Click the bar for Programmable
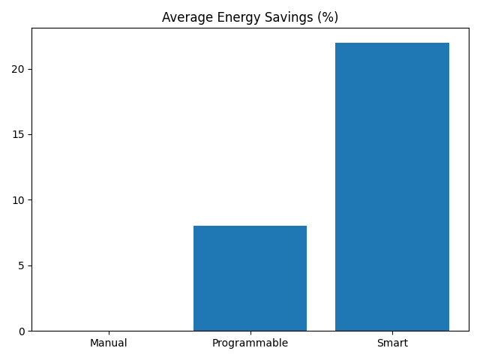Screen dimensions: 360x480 pos(250,278)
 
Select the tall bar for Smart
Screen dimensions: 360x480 pos(392,187)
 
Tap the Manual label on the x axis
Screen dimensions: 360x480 pos(109,343)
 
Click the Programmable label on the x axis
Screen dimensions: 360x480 pos(250,343)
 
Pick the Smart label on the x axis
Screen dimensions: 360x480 pos(392,343)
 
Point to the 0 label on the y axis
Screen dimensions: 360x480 pos(22,331)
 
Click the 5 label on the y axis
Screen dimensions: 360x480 pos(22,265)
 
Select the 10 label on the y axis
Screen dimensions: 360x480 pos(19,200)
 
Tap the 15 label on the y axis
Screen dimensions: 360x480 pos(19,135)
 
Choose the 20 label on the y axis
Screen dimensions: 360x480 pos(19,69)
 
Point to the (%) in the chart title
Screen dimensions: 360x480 pos(326,17)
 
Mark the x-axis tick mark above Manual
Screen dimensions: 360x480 pos(109,333)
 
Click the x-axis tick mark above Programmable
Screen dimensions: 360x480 pos(250,333)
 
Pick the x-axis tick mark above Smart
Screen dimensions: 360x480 pos(392,333)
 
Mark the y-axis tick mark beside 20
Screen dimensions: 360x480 pos(29,69)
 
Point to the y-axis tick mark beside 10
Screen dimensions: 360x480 pos(29,200)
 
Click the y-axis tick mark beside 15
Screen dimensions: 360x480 pos(29,135)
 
